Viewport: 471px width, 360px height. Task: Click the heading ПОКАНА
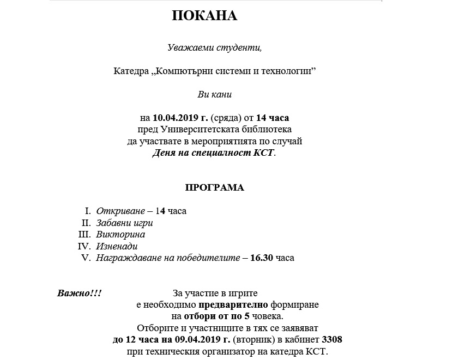pos(204,16)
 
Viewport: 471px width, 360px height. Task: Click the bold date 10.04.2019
pos(176,118)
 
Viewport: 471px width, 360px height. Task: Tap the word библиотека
pos(268,130)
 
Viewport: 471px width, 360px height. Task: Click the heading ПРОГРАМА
pos(214,188)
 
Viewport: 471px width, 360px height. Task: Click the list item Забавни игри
pos(124,223)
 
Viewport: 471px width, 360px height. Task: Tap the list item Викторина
pos(120,234)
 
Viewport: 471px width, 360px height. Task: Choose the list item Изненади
pos(117,246)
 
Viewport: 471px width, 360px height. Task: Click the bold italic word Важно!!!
pos(79,294)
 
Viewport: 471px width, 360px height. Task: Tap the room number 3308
pos(332,340)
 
